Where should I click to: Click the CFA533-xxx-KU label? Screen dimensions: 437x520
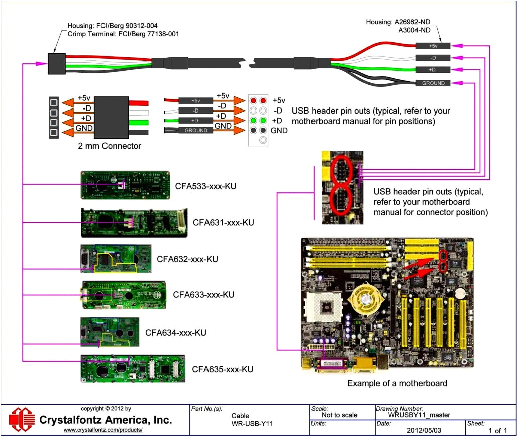[x=205, y=186]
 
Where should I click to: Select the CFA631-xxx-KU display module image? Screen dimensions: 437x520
[x=134, y=223]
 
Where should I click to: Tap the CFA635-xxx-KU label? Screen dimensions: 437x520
[x=222, y=369]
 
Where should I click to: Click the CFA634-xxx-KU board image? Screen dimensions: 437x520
[x=110, y=332]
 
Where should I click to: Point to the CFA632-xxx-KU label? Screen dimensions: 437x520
[x=187, y=259]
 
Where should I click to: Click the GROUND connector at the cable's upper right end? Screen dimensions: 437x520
[x=433, y=83]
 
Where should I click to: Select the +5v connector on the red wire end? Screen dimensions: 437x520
[x=433, y=46]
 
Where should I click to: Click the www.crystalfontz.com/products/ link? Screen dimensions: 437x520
[x=103, y=430]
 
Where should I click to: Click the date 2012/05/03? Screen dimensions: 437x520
[x=420, y=431]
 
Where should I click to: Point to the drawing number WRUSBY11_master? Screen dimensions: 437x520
[x=419, y=415]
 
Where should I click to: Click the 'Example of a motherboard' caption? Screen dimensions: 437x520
[x=397, y=383]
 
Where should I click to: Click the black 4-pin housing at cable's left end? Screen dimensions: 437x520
[x=56, y=62]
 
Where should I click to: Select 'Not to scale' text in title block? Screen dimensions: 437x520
[x=340, y=415]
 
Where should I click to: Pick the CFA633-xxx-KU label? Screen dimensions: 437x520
[x=203, y=294]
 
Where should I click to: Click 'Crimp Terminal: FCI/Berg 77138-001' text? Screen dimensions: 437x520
[x=123, y=33]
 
